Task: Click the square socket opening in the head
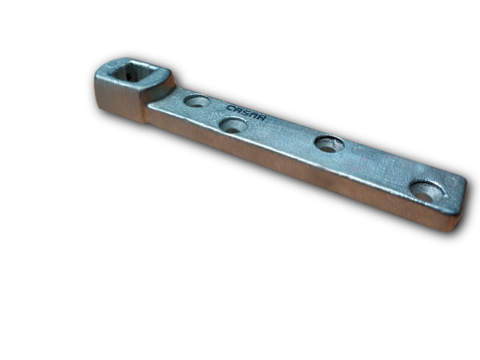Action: tap(134, 72)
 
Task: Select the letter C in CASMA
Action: tap(229, 107)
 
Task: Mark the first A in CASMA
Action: tap(237, 110)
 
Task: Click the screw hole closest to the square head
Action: tap(197, 101)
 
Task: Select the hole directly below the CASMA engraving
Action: tap(233, 126)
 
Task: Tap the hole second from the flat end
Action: tap(329, 145)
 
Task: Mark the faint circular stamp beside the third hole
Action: tap(362, 152)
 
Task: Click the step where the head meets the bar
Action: tap(148, 109)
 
